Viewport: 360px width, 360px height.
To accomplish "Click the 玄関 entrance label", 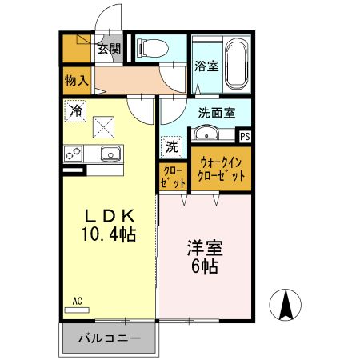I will tap(109, 49).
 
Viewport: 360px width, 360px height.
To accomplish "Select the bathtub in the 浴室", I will tap(237, 63).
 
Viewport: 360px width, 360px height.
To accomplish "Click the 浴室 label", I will tap(206, 66).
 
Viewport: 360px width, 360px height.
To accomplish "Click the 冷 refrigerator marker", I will tap(76, 111).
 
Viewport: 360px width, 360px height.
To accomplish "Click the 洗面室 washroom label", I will tap(217, 113).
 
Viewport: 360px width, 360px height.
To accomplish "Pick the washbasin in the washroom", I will tap(210, 133).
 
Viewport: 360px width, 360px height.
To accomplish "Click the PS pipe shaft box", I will tap(245, 137).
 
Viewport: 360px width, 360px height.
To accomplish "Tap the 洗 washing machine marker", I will tap(173, 146).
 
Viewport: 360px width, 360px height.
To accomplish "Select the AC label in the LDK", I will tap(78, 301).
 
